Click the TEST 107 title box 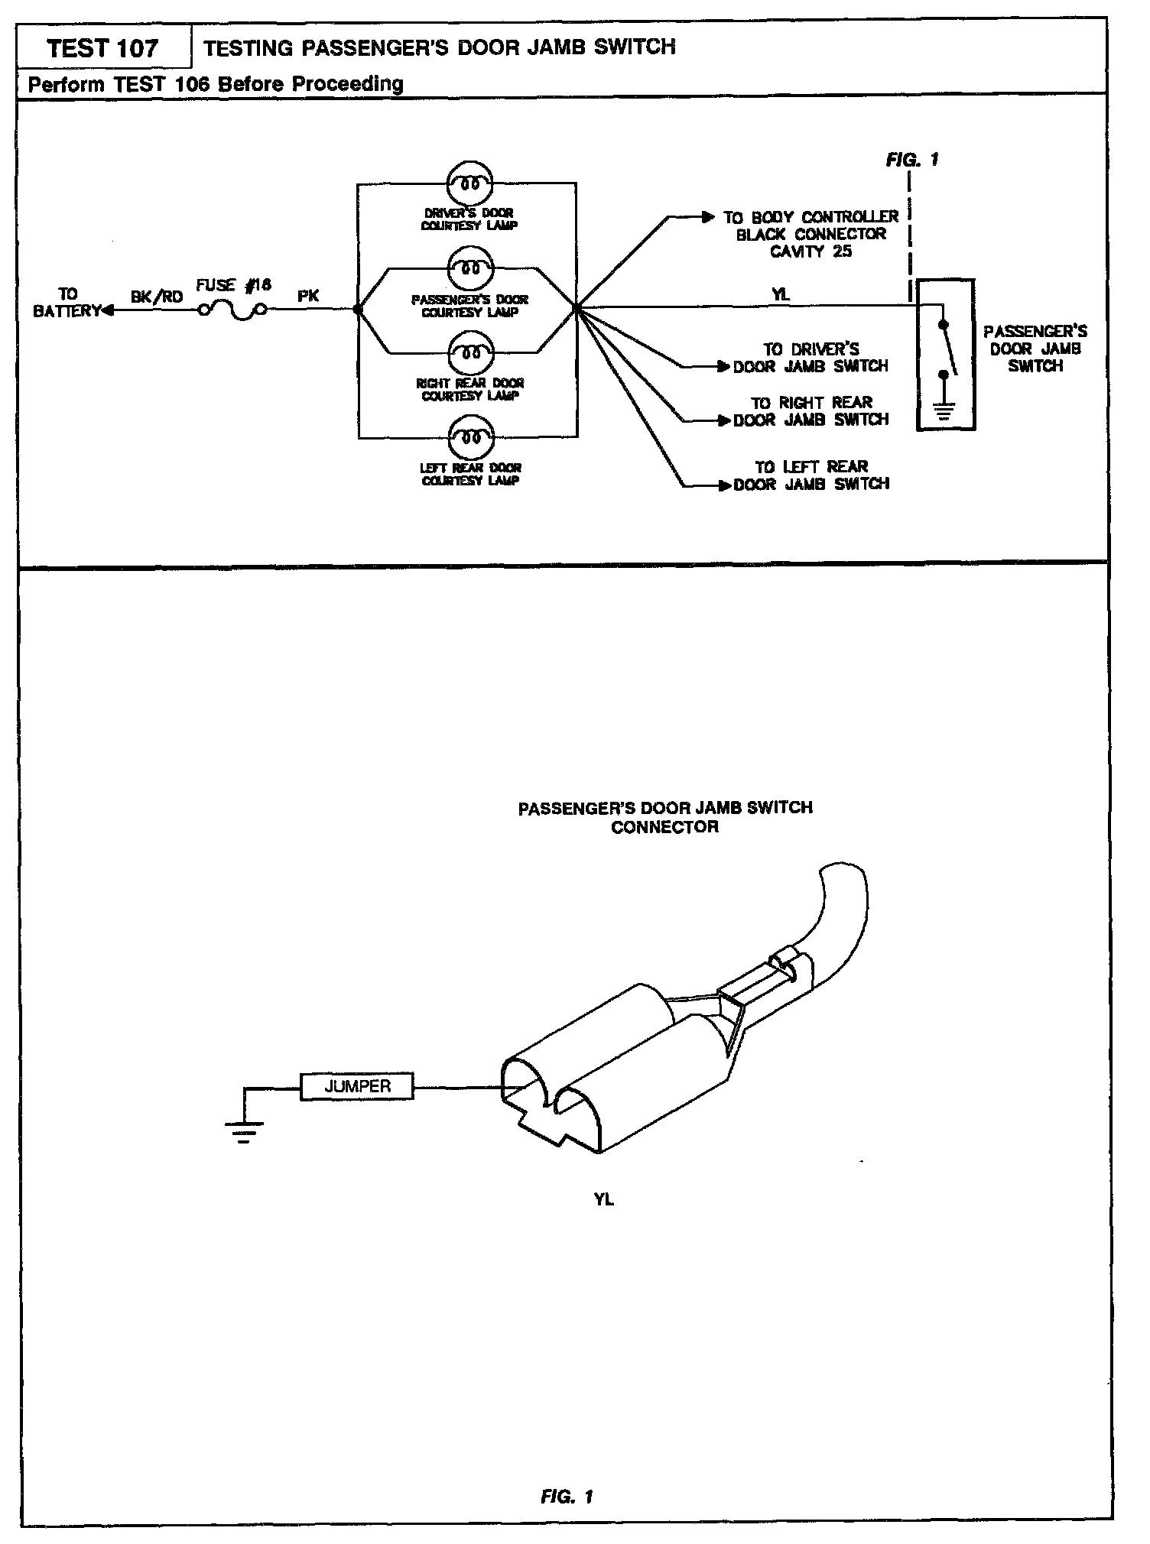102,48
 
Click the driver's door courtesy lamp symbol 469,183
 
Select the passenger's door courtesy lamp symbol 469,268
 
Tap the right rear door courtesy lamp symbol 469,353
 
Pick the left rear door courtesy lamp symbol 469,438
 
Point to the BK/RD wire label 157,297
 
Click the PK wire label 308,296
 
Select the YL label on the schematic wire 780,294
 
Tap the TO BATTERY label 67,303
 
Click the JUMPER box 357,1086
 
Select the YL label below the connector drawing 603,1199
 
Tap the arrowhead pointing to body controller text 708,218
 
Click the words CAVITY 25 811,251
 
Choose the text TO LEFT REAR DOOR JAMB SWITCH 811,475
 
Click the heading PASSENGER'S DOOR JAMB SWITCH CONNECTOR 664,817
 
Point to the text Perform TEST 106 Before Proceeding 216,83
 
